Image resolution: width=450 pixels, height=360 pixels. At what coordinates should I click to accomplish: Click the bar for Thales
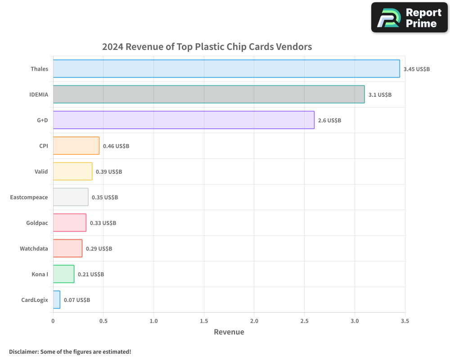pyautogui.click(x=226, y=69)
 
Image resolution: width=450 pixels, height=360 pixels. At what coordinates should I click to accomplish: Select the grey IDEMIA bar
pyautogui.click(x=209, y=94)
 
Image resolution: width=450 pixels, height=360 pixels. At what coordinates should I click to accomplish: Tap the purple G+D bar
pyautogui.click(x=184, y=120)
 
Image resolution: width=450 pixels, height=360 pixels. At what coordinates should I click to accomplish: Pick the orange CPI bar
pyautogui.click(x=76, y=146)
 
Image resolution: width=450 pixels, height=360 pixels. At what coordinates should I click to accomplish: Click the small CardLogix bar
pyautogui.click(x=56, y=300)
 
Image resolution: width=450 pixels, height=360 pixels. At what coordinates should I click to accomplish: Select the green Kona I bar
pyautogui.click(x=63, y=274)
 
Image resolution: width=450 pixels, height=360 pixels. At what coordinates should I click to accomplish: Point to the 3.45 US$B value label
pyautogui.click(x=417, y=69)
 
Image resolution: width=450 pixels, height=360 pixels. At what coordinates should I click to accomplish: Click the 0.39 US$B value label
pyautogui.click(x=109, y=172)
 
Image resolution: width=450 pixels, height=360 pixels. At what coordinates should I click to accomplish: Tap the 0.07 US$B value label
pyautogui.click(x=77, y=300)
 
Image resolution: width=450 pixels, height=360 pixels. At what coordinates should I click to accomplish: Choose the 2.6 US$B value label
pyautogui.click(x=329, y=121)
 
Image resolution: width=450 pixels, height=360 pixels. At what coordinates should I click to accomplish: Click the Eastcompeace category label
pyautogui.click(x=29, y=197)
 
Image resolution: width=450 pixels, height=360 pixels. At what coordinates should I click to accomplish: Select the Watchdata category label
pyautogui.click(x=34, y=248)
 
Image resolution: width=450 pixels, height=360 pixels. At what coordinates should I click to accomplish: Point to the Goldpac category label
pyautogui.click(x=37, y=223)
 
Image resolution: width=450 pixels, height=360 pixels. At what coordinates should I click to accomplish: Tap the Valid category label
pyautogui.click(x=41, y=171)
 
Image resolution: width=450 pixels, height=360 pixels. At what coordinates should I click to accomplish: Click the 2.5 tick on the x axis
pyautogui.click(x=304, y=321)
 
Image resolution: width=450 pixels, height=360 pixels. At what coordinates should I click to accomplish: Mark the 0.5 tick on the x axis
pyautogui.click(x=103, y=321)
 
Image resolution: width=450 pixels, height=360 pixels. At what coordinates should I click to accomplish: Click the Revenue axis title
pyautogui.click(x=229, y=332)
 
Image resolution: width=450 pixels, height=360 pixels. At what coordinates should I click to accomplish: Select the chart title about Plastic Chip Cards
pyautogui.click(x=207, y=47)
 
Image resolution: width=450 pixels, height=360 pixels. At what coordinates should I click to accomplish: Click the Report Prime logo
pyautogui.click(x=409, y=18)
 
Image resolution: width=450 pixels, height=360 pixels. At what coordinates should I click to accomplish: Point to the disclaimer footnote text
pyautogui.click(x=70, y=351)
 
